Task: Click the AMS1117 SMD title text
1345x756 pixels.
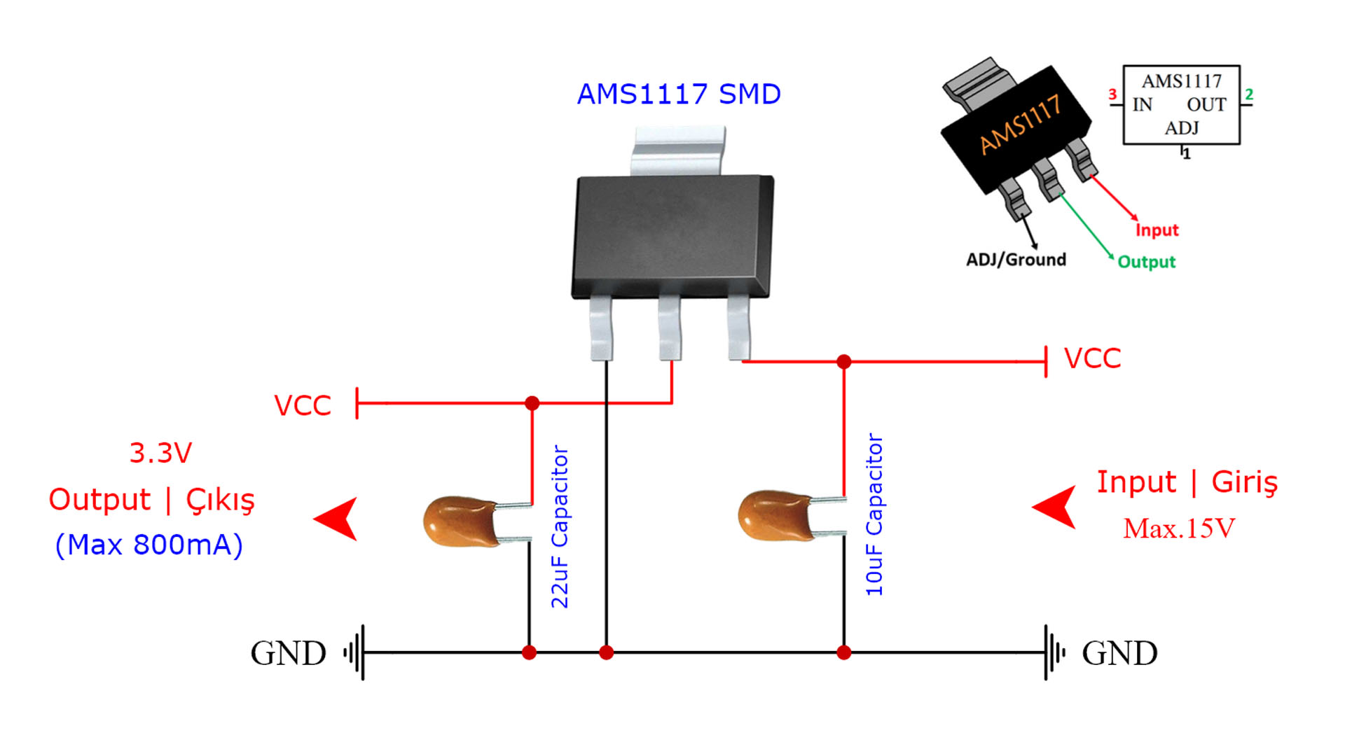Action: coord(678,94)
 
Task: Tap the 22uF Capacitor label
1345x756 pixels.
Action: coord(560,526)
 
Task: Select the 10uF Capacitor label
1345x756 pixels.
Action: coord(874,514)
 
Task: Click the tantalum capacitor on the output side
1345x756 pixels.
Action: coord(459,521)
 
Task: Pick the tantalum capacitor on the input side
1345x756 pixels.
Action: coord(774,516)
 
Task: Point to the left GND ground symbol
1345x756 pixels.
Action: coord(355,652)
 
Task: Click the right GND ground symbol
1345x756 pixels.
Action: coord(1053,652)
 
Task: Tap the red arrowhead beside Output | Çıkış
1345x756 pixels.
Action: coord(338,519)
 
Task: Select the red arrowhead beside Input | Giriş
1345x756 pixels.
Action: coord(1056,507)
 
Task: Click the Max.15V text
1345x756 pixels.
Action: coord(1179,528)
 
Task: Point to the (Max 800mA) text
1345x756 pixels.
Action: coord(149,545)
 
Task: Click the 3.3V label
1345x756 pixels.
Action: coord(160,453)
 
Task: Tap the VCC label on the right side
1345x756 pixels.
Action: coord(1092,358)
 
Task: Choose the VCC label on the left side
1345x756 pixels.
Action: coord(302,405)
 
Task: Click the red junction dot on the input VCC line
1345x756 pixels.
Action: coord(844,361)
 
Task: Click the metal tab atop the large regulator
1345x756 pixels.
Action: coord(678,150)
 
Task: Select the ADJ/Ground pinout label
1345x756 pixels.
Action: coord(1016,260)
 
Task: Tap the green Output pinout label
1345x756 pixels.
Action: coord(1146,262)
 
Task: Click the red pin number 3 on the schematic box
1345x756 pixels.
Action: coord(1112,94)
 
